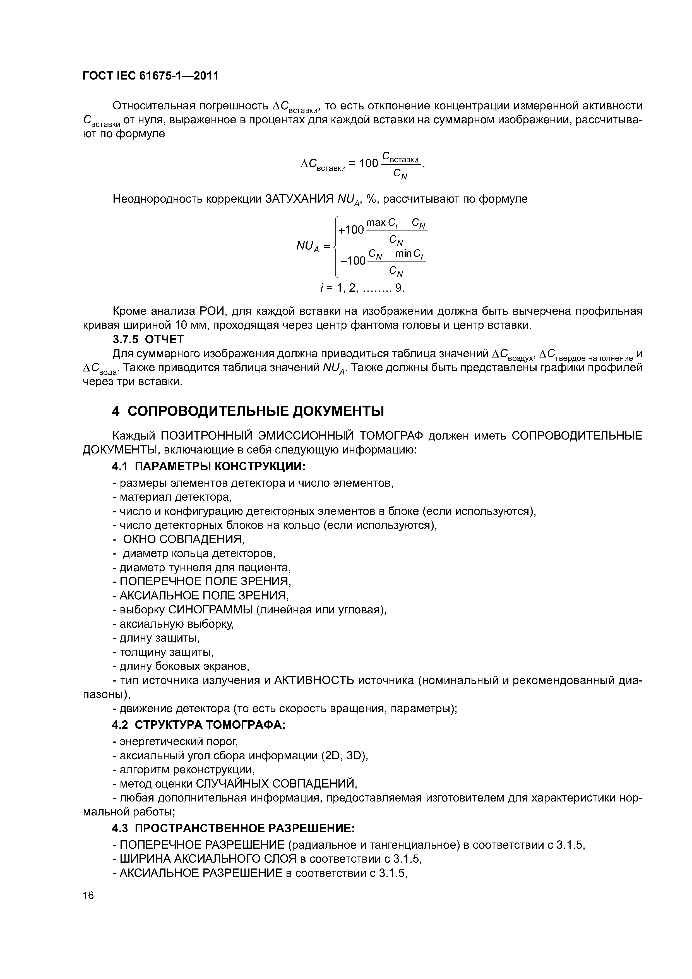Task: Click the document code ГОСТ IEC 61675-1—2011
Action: click(x=150, y=76)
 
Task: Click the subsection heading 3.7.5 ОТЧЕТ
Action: click(x=148, y=339)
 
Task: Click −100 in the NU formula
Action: click(x=352, y=261)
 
